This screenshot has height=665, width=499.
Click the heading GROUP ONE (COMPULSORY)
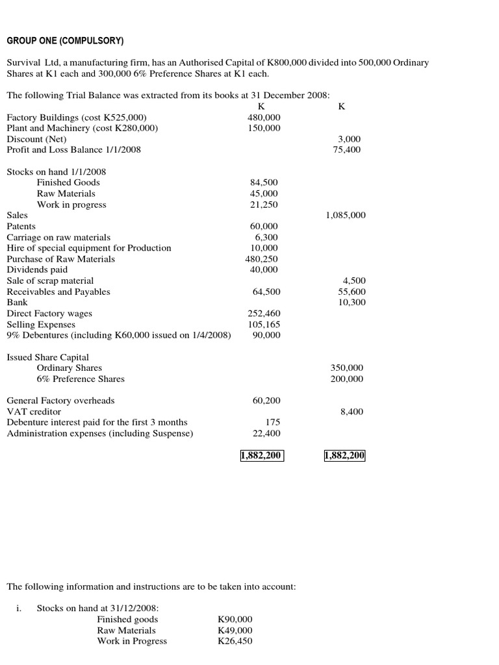[x=65, y=41]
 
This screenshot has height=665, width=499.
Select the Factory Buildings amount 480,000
[x=264, y=118]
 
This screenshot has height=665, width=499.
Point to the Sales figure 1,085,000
[x=345, y=216]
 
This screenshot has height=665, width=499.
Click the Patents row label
[x=21, y=227]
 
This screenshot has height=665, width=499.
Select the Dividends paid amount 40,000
[x=264, y=270]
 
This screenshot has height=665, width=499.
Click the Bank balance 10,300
[x=352, y=303]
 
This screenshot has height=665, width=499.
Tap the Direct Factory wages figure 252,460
[x=264, y=314]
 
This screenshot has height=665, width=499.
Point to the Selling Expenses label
[x=41, y=325]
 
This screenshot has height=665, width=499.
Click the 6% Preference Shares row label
[x=81, y=379]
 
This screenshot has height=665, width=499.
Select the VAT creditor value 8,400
[x=352, y=412]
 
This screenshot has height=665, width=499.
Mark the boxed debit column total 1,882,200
[x=261, y=456]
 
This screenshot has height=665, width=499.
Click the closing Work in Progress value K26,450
[x=235, y=642]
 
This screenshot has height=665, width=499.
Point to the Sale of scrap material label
[x=50, y=281]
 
